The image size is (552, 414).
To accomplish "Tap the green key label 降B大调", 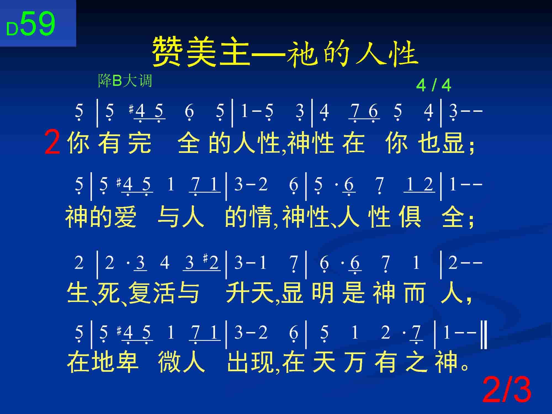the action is [x=125, y=81].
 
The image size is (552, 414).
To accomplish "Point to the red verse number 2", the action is [x=52, y=143].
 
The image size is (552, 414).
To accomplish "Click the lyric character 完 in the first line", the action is [x=140, y=143].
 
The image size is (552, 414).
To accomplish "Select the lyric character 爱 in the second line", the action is [x=125, y=217].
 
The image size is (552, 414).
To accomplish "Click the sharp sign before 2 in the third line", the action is [x=205, y=259].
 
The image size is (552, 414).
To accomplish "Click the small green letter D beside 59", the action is [x=12, y=29].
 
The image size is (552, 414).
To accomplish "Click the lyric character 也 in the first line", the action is [x=429, y=143].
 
